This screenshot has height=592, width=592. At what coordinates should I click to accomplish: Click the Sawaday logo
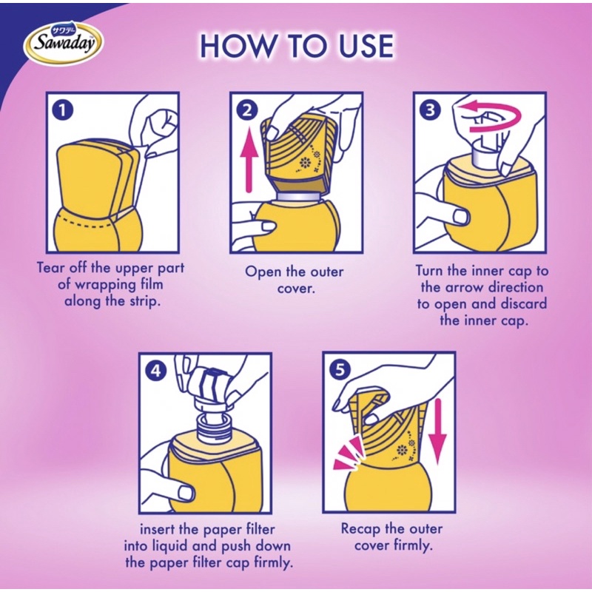click(64, 43)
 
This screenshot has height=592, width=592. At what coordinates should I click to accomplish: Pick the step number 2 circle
click(246, 110)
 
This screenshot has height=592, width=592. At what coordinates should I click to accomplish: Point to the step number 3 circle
click(430, 110)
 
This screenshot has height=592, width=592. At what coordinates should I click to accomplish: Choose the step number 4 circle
click(155, 371)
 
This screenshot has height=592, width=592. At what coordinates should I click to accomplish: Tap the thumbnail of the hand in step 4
click(185, 492)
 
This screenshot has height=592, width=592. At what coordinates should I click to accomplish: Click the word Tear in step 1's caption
click(50, 268)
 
